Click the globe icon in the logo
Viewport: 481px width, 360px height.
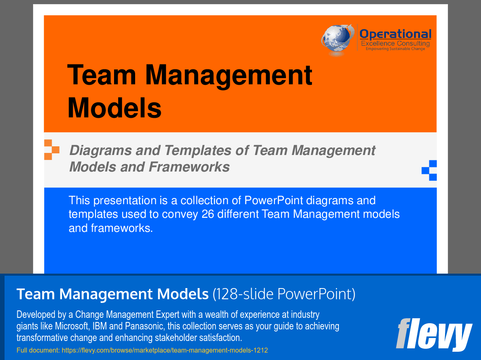coord(337,40)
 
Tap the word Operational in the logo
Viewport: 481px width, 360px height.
coord(395,34)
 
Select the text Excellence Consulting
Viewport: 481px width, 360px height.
coord(395,43)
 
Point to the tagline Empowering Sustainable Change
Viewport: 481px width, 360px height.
coord(395,49)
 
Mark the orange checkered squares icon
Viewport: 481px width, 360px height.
coord(51,150)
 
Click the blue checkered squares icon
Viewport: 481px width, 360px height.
coord(429,170)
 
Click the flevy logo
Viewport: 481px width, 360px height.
coord(433,334)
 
